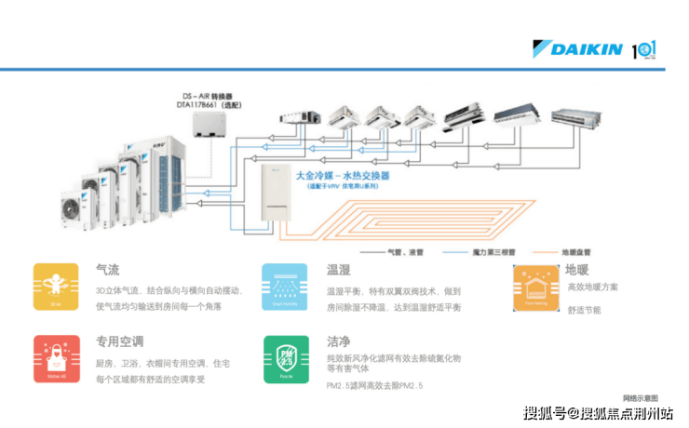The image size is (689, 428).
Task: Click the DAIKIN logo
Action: click(578, 49)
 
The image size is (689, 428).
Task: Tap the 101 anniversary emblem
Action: click(645, 49)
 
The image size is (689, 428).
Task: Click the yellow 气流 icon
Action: click(56, 286)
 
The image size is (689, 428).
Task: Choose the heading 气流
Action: click(107, 270)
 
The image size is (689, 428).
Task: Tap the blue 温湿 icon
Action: click(285, 286)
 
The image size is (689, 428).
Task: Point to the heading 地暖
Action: click(576, 270)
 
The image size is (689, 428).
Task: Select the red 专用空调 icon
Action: click(56, 358)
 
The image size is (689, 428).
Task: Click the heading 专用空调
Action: click(119, 341)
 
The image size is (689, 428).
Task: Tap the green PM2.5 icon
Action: click(285, 358)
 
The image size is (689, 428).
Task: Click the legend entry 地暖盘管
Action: click(576, 251)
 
